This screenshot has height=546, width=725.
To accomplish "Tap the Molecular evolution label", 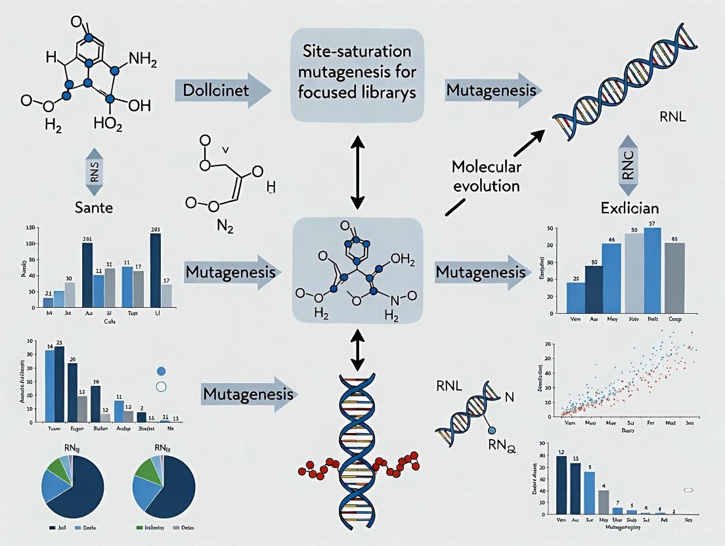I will pyautogui.click(x=485, y=175).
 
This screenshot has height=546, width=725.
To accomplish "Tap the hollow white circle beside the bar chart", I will pyautogui.click(x=162, y=388).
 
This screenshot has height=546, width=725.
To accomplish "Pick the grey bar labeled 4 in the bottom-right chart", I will pyautogui.click(x=604, y=501).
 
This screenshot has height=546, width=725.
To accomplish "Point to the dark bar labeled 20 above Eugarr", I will pyautogui.click(x=72, y=392).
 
